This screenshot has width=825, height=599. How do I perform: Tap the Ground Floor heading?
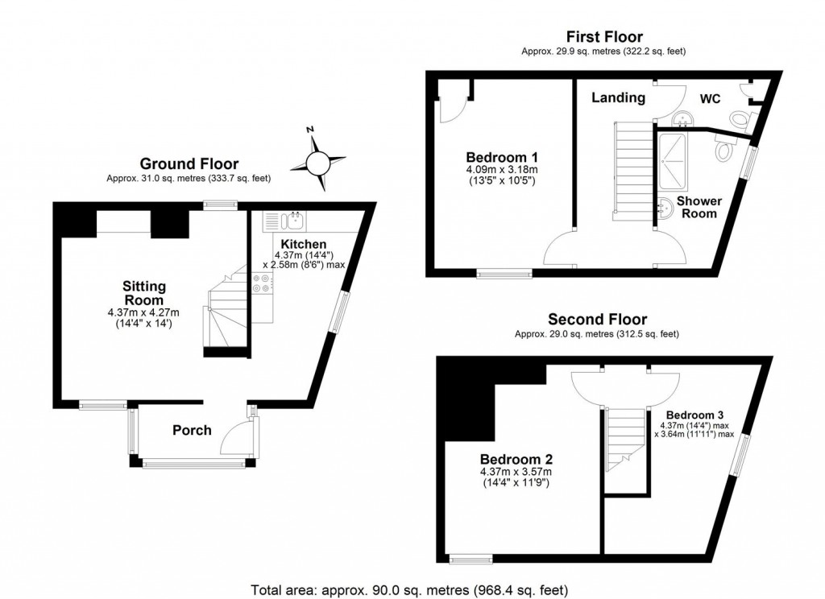coord(189,164)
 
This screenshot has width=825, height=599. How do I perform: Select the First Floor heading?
coord(603,36)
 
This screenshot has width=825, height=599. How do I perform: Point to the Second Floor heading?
coord(597,320)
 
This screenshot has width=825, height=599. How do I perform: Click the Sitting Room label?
coord(144,292)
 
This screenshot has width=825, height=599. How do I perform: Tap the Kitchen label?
coord(304,244)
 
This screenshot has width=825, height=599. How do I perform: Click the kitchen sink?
coord(294,220)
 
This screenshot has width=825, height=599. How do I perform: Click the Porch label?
coord(192,430)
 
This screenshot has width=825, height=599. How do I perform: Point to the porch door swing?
coord(234,440)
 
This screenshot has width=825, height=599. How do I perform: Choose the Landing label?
coord(619,97)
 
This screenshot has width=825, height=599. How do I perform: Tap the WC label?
coord(710,98)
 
